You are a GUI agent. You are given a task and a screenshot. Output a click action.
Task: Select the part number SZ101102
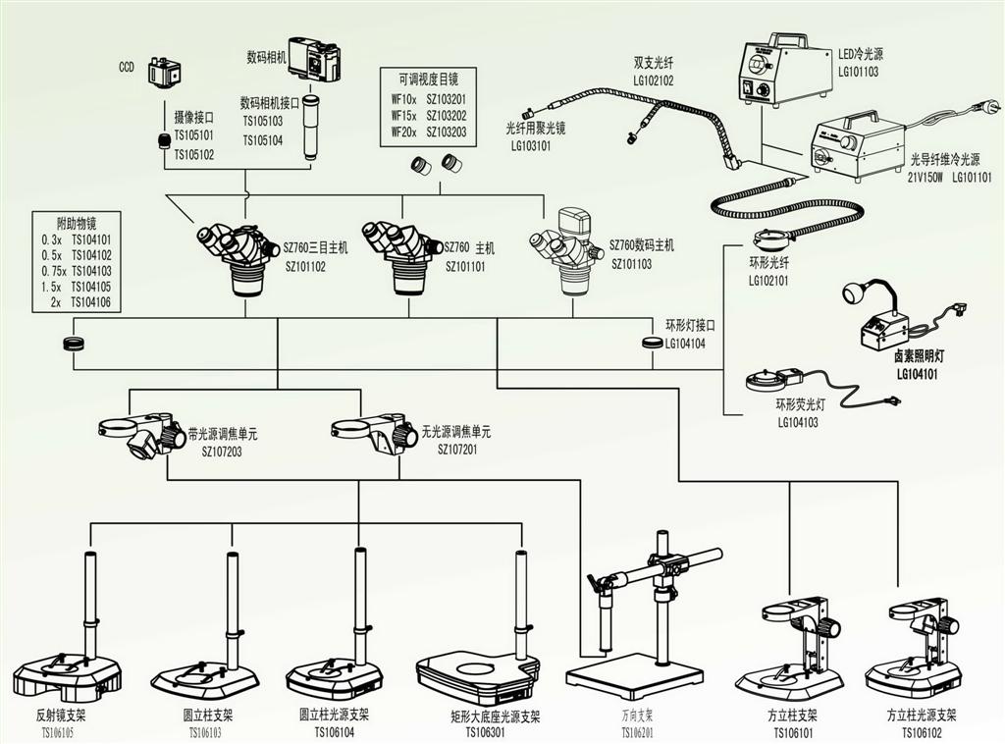(x=305, y=266)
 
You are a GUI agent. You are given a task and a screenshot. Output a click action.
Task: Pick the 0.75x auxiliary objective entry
(x=77, y=271)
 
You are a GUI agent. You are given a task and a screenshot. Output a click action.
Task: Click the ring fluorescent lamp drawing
(x=774, y=380)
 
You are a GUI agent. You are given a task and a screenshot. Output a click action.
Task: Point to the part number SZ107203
(x=222, y=452)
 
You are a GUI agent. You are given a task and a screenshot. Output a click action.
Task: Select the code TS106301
(x=489, y=731)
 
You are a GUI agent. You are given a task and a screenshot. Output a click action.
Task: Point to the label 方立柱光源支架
(x=922, y=715)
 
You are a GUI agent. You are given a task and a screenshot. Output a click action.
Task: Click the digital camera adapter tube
(x=311, y=127)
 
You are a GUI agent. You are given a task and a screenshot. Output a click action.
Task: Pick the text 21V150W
(x=926, y=178)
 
